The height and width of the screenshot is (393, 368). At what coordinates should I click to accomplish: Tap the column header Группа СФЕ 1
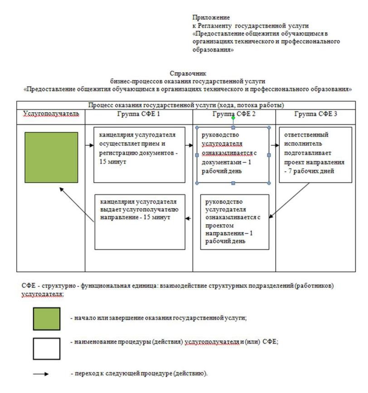(139, 114)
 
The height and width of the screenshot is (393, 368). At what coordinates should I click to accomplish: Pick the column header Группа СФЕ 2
(234, 114)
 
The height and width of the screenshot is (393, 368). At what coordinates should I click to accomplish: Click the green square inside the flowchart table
(51, 157)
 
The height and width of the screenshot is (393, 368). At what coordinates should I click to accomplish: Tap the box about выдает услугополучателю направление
(140, 221)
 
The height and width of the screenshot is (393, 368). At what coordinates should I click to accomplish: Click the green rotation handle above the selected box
(233, 118)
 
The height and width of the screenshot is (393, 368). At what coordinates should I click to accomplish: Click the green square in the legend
(46, 319)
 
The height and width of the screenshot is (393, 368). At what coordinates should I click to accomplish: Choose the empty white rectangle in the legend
(46, 348)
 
